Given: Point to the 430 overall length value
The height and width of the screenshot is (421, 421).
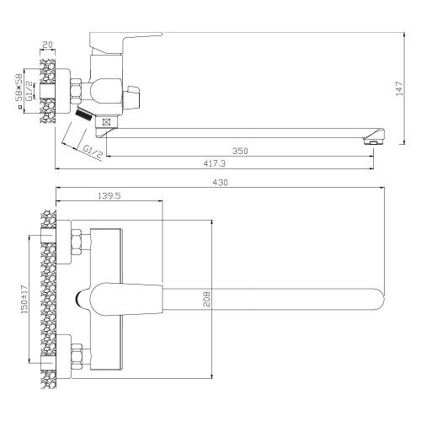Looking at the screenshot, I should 221,183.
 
